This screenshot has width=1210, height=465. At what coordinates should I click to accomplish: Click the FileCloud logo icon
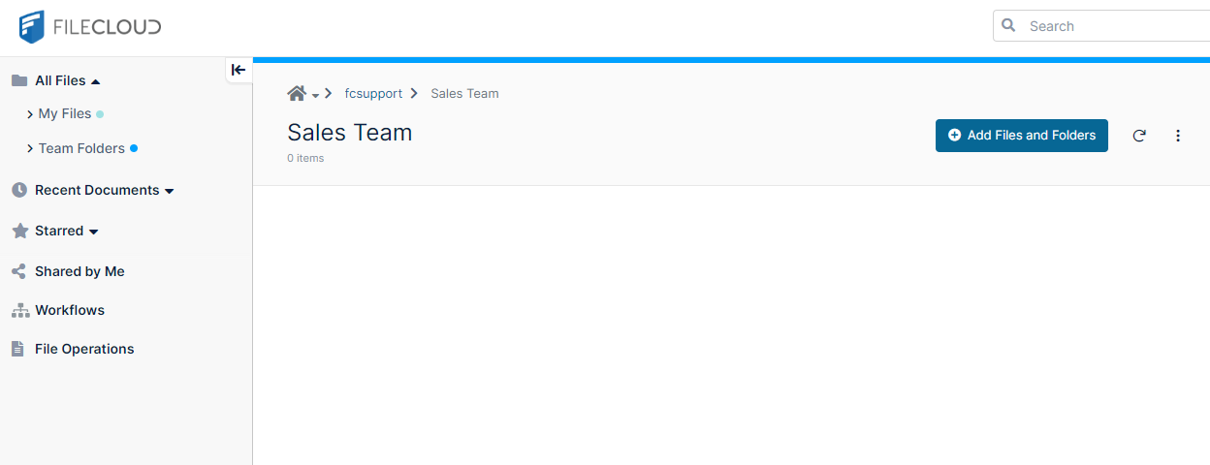click(31, 26)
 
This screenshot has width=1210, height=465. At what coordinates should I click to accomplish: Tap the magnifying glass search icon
click(1008, 25)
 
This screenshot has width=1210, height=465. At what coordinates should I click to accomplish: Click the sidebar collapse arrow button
click(239, 70)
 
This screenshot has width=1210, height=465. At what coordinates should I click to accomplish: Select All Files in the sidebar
click(60, 81)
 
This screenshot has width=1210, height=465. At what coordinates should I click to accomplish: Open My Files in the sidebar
click(65, 113)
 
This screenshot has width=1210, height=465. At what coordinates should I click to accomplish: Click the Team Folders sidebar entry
click(81, 148)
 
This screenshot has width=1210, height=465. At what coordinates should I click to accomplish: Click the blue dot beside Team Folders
click(134, 148)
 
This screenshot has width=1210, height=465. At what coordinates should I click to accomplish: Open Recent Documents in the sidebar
click(97, 190)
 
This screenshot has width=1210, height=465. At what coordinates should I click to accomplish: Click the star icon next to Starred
click(20, 231)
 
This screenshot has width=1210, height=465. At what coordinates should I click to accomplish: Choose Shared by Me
click(80, 271)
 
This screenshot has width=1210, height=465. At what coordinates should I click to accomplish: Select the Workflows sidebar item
click(70, 310)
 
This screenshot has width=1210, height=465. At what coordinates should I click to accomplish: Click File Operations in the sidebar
click(84, 349)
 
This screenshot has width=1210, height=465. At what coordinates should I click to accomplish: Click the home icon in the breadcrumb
click(297, 93)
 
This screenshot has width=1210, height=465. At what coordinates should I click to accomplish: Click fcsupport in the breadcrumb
click(373, 93)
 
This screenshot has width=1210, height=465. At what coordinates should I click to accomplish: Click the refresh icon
click(1139, 136)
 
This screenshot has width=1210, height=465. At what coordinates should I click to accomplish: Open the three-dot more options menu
click(1178, 136)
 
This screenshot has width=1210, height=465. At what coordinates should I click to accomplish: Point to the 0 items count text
click(305, 158)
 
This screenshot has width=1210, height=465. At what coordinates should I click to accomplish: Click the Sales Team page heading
click(349, 133)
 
